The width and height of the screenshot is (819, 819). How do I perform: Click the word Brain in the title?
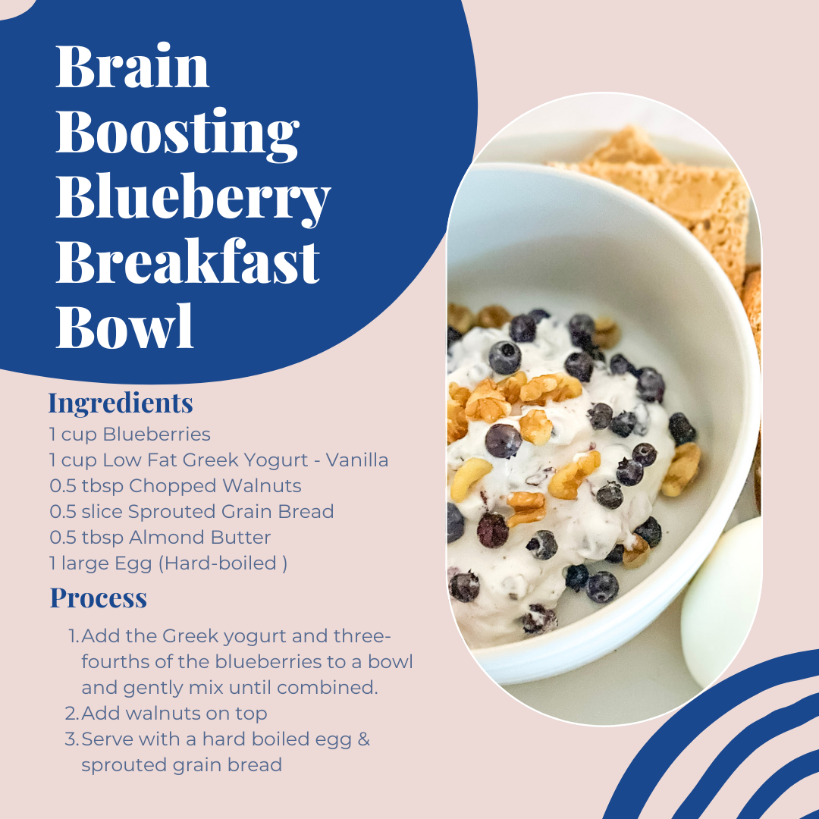tap(132, 67)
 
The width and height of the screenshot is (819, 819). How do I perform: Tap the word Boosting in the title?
tap(177, 133)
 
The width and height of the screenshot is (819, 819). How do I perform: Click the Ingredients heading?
tap(121, 403)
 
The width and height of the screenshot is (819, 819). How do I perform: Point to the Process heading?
tap(99, 598)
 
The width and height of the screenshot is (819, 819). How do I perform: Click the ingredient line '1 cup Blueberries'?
tap(130, 435)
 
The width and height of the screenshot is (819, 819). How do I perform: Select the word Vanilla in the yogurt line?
tap(356, 460)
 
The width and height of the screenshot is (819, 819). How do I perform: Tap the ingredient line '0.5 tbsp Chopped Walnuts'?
tap(175, 486)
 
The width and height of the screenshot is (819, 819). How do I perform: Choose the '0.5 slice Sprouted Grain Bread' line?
tap(192, 512)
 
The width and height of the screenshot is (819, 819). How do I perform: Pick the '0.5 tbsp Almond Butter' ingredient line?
tap(160, 538)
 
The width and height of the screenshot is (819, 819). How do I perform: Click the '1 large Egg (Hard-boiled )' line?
tap(168, 563)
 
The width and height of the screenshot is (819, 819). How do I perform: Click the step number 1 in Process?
tap(73, 635)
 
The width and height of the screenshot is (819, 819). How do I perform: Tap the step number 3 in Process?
tap(72, 739)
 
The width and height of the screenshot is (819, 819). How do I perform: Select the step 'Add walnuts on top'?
tap(174, 713)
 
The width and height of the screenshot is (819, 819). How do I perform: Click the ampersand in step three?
tap(362, 739)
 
